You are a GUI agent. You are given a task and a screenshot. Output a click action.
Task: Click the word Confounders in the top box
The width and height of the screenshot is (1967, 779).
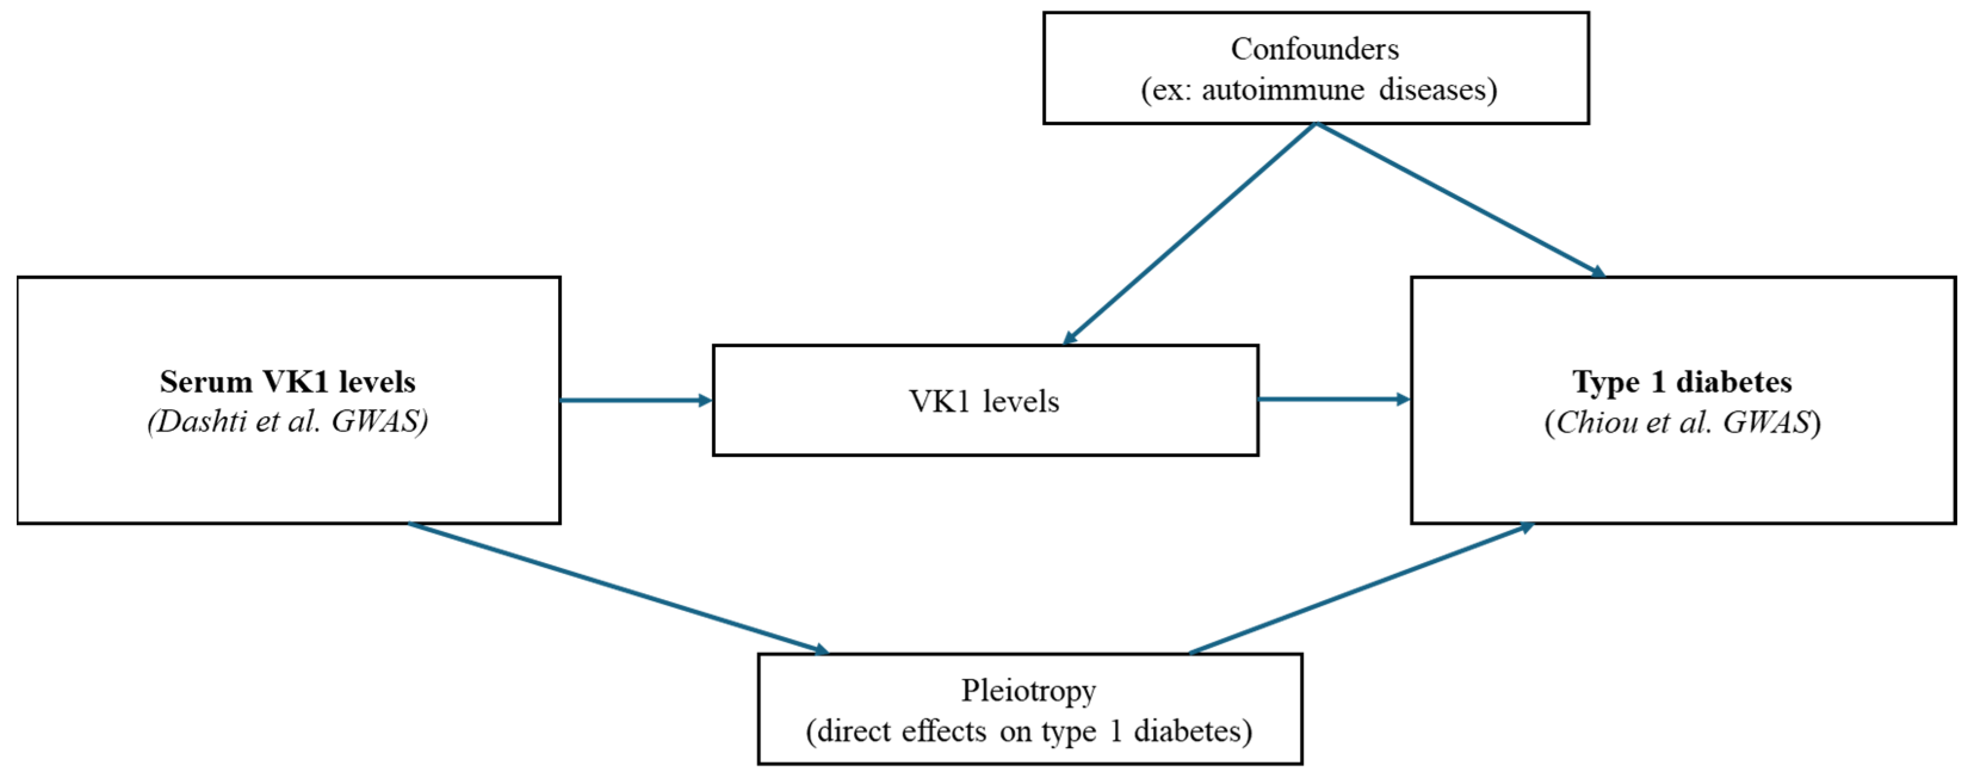[x=1314, y=50]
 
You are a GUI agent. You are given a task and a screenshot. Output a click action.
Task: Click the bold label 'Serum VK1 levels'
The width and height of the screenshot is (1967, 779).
[x=287, y=381]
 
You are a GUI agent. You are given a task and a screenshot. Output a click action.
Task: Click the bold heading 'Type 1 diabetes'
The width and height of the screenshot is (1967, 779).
[x=1682, y=381]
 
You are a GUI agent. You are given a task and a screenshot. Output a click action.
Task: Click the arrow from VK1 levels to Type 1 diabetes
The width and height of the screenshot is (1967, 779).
[x=1333, y=398]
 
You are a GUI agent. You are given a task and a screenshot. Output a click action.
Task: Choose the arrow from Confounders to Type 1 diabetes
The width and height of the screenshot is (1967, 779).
[x=1458, y=199]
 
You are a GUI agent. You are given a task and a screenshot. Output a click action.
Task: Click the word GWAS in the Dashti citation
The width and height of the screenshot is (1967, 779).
[x=377, y=422]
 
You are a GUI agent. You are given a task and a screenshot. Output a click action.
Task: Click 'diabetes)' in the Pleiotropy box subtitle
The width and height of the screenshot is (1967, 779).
[x=1192, y=732]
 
